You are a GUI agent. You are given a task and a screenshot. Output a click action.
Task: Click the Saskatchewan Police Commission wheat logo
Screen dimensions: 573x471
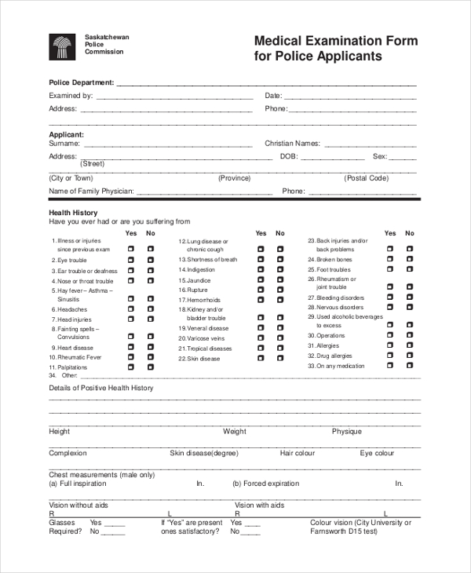tap(62, 47)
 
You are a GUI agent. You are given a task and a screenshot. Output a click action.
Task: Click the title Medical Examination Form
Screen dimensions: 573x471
tap(335, 41)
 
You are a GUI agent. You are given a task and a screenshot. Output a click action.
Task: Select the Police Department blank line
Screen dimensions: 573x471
tap(267, 84)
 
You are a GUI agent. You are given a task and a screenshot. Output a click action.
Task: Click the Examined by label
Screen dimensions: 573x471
tap(71, 96)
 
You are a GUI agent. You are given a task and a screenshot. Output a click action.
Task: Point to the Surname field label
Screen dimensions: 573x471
tap(64, 144)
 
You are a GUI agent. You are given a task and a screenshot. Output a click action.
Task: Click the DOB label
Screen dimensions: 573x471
tap(287, 156)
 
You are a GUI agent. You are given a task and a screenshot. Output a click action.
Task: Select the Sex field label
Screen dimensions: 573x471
tap(379, 156)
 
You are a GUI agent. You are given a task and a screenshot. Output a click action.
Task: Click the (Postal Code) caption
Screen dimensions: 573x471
tap(367, 178)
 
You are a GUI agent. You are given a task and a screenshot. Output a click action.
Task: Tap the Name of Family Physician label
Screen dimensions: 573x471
tap(91, 191)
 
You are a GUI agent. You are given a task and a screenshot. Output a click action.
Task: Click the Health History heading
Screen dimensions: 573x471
tap(73, 213)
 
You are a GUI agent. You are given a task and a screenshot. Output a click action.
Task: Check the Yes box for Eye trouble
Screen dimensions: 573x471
tap(131, 259)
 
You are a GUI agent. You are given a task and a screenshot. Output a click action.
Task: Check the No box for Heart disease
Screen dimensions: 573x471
tap(151, 347)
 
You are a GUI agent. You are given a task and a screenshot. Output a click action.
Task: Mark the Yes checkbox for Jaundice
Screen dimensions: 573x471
tap(261, 279)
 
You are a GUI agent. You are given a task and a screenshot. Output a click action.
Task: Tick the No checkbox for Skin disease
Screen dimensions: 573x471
tap(280, 358)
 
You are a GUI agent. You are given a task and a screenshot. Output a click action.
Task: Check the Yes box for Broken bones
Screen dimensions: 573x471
tap(389, 259)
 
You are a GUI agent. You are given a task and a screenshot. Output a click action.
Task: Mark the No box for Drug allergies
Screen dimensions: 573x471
tap(409, 356)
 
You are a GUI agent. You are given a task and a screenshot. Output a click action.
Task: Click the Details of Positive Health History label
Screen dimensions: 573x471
tap(101, 388)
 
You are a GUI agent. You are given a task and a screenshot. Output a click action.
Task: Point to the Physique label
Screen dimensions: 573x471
tap(346, 431)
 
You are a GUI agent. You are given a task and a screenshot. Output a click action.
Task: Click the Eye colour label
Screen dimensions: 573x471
tap(377, 453)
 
